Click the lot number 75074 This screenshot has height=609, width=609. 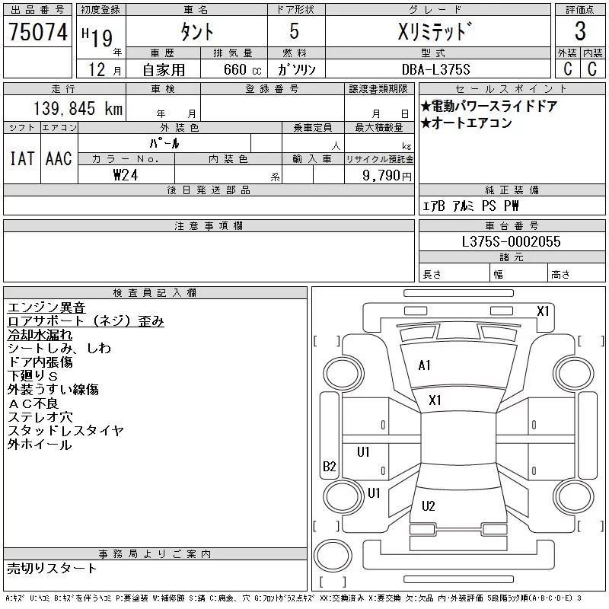point(37,32)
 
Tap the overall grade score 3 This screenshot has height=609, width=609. point(580,32)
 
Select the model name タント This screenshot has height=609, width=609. point(196,32)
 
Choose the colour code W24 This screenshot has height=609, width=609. point(126,174)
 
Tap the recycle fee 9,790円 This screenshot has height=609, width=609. point(387,175)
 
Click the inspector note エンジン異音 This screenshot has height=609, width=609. point(46,308)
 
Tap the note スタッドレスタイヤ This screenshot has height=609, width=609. point(65,431)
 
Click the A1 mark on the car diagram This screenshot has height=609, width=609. point(424,365)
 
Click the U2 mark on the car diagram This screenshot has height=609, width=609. point(428,506)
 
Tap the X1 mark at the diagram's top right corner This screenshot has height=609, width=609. point(543,311)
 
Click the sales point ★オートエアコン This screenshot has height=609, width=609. point(467,123)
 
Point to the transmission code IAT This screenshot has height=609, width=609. point(21,158)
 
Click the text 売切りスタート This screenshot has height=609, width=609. point(52,568)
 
